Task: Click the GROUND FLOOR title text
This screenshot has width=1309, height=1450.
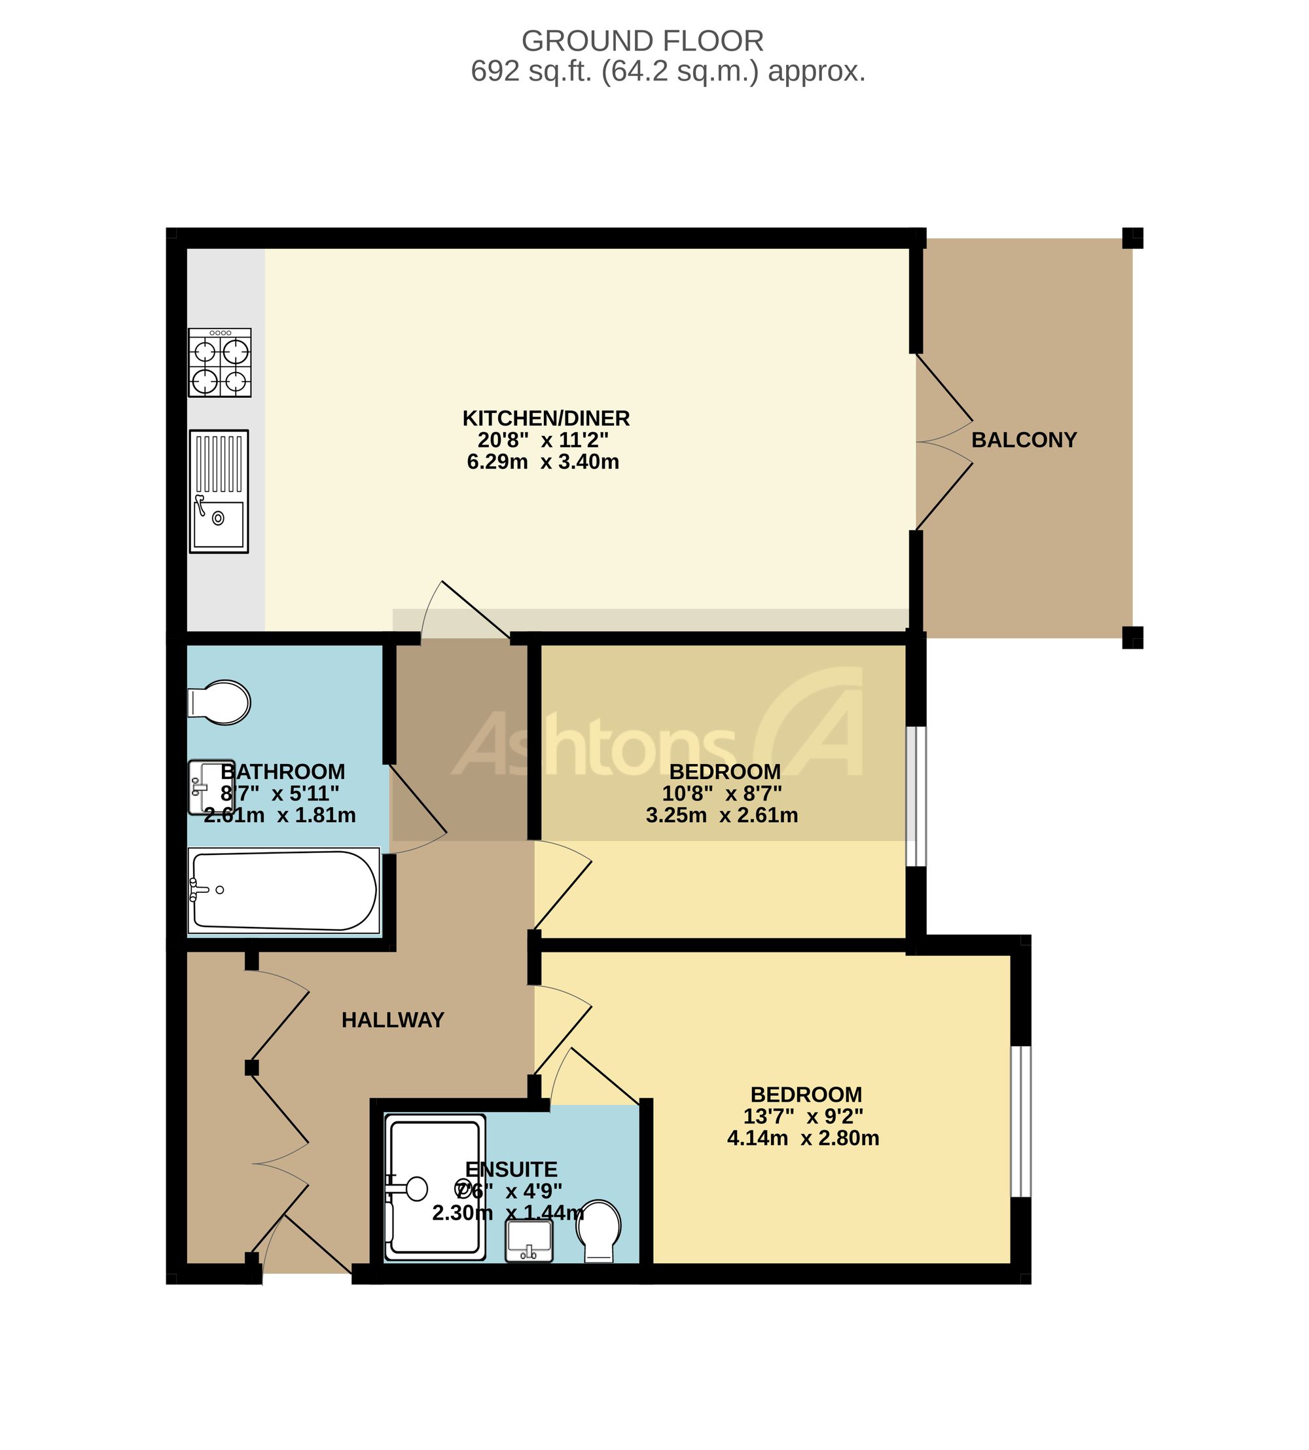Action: click(x=642, y=41)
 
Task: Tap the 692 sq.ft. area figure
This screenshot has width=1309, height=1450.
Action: click(x=531, y=71)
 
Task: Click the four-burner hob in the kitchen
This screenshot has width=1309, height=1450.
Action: click(x=220, y=363)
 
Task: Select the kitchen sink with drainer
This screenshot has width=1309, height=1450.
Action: click(x=219, y=491)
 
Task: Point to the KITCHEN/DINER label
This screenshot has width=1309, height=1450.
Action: click(x=546, y=418)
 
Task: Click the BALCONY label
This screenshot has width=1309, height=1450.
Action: click(x=1024, y=439)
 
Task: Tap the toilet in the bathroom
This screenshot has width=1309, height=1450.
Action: click(x=219, y=702)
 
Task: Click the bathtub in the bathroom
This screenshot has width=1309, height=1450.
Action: click(x=283, y=891)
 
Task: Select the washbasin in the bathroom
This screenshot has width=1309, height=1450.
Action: click(x=211, y=788)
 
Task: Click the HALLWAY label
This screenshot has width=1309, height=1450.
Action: click(x=393, y=1019)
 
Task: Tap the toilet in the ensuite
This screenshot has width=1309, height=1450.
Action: click(x=599, y=1231)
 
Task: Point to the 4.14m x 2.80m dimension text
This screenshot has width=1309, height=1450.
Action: click(x=803, y=1138)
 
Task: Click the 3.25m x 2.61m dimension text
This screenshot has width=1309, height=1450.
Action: click(x=722, y=815)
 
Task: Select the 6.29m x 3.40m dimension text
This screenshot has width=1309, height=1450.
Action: click(x=543, y=461)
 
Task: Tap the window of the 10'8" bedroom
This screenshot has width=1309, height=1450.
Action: click(x=916, y=796)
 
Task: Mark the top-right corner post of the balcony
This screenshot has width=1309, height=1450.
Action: click(x=1133, y=238)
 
